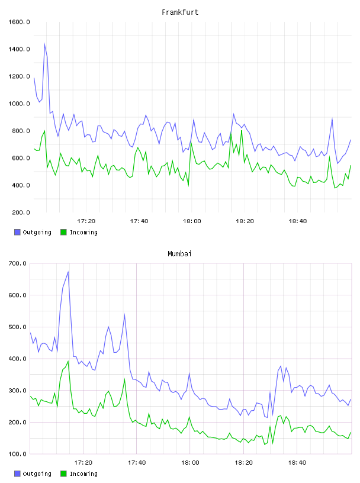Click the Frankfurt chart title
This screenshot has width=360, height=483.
[x=180, y=12]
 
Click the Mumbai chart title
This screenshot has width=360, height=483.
[x=179, y=254]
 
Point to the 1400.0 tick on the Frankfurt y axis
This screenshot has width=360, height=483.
[x=19, y=49]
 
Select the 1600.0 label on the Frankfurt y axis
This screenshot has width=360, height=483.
[x=19, y=22]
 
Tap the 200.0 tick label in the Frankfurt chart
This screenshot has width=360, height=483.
[x=21, y=212]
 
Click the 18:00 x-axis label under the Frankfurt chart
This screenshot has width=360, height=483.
[x=192, y=221]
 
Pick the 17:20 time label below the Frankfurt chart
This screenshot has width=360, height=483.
[x=86, y=221]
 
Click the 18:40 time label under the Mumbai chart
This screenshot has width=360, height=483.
[x=297, y=463]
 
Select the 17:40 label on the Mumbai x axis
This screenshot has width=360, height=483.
[x=137, y=463]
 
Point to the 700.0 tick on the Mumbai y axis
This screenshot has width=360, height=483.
[x=17, y=263]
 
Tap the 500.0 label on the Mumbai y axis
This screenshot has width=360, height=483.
[x=17, y=327]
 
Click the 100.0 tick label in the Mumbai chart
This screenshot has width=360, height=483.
[x=17, y=454]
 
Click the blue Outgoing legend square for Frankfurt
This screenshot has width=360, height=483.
[x=17, y=232]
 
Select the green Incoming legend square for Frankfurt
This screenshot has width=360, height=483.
[x=63, y=232]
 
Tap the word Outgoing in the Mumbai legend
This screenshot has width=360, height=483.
[x=37, y=474]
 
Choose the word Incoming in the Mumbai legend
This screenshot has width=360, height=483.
[x=83, y=474]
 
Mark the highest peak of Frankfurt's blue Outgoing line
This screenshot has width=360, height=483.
[x=44, y=44]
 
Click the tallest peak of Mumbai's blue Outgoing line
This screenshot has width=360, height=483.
[x=68, y=272]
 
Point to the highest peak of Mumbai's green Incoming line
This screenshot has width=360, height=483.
[x=68, y=361]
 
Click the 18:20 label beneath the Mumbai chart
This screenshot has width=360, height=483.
[x=243, y=463]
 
